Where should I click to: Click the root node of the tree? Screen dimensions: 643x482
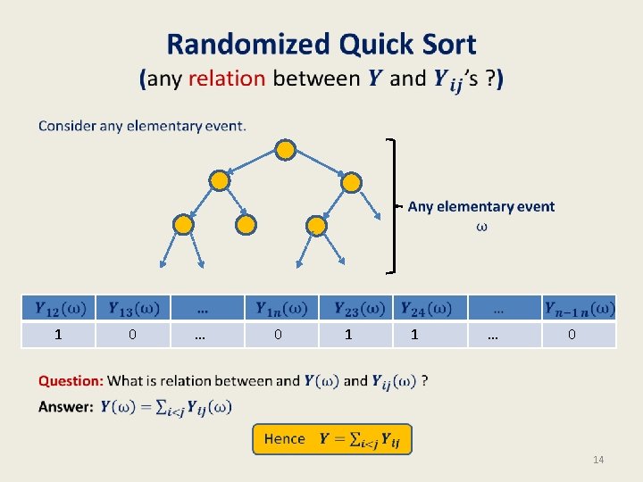pyautogui.click(x=285, y=149)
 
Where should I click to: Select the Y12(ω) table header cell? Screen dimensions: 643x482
pyautogui.click(x=59, y=308)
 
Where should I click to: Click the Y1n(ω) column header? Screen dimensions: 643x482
pyautogui.click(x=280, y=308)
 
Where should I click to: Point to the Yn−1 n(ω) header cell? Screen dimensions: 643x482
pyautogui.click(x=579, y=308)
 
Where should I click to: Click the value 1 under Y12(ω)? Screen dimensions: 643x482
pyautogui.click(x=58, y=335)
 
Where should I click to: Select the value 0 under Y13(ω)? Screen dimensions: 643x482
pyautogui.click(x=132, y=335)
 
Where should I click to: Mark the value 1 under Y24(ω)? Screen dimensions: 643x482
pyautogui.click(x=414, y=335)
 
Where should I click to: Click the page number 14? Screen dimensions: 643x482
pyautogui.click(x=599, y=460)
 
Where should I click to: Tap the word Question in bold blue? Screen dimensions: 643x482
pyautogui.click(x=71, y=381)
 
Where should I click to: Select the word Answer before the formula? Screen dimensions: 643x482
pyautogui.click(x=66, y=407)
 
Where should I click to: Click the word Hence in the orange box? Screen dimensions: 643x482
pyautogui.click(x=285, y=438)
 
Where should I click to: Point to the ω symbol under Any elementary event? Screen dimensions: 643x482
pyautogui.click(x=481, y=226)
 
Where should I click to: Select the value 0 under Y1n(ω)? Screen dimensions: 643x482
pyautogui.click(x=279, y=335)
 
